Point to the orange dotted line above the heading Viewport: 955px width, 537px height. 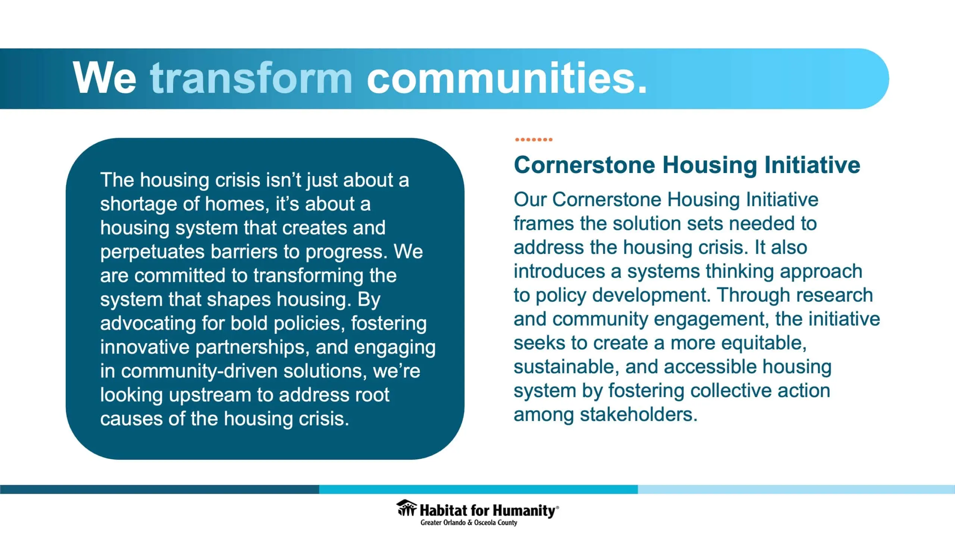point(533,139)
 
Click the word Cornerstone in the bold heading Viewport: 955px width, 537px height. point(584,165)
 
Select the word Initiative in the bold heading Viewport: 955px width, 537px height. point(812,165)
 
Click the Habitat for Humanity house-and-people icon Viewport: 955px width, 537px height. point(407,508)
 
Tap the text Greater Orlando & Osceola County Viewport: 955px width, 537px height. point(469,522)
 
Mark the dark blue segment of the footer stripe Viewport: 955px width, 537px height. point(160,489)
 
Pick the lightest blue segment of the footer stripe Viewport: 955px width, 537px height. point(796,489)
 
